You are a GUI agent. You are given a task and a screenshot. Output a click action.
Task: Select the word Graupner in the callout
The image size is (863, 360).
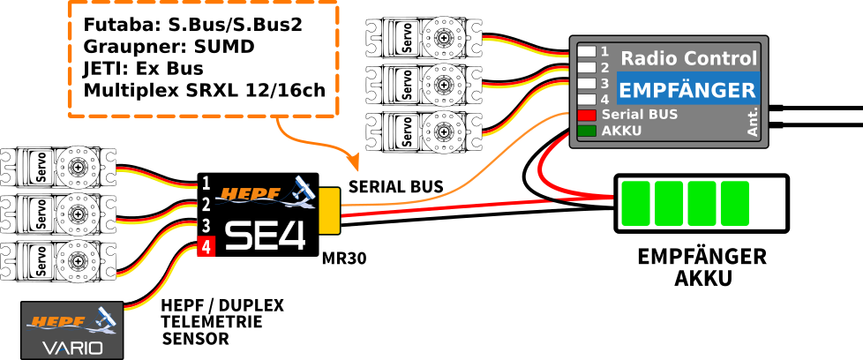[120, 47]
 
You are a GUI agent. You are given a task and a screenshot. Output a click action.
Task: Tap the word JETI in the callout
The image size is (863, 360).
[101, 69]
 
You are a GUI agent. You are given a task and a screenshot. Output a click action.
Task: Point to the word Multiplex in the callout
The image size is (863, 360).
[124, 91]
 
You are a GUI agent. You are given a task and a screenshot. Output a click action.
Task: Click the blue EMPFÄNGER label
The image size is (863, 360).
[687, 90]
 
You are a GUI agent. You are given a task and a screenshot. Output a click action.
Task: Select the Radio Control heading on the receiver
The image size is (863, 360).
[688, 59]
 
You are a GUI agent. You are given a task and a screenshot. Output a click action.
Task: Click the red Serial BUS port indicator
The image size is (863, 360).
[587, 115]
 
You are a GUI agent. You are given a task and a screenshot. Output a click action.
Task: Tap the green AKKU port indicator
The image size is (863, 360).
[587, 131]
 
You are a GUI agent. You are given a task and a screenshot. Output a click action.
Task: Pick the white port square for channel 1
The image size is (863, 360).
[587, 51]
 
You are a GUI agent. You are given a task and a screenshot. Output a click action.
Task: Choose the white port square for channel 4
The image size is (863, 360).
[587, 99]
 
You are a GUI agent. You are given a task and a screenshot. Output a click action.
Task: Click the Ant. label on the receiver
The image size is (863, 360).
[753, 122]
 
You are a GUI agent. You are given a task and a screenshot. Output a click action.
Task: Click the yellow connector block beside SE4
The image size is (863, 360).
[329, 211]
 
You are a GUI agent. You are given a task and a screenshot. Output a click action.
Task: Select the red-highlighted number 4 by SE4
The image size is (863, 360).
[205, 247]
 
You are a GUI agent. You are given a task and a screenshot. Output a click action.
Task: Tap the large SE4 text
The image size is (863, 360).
[265, 235]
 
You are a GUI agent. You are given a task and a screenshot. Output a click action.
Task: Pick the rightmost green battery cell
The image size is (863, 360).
[735, 203]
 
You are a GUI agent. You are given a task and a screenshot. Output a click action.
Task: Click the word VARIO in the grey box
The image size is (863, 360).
[72, 348]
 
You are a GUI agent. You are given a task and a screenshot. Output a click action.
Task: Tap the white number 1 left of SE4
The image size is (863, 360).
[206, 184]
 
